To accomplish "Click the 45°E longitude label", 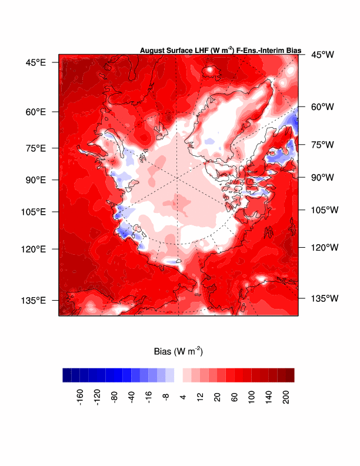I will point(35,62).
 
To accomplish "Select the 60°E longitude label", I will point(35,112).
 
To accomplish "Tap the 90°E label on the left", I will point(35,179).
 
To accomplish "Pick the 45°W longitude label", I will point(322,55).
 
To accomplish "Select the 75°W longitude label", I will point(322,145).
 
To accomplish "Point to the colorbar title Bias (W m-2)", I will point(178,352).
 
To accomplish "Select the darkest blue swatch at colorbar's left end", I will point(67,375).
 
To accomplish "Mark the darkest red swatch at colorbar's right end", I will point(290,375).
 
